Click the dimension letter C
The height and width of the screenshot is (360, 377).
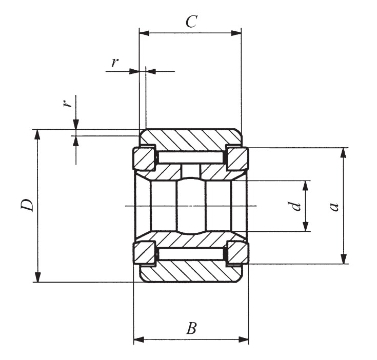click(191, 22)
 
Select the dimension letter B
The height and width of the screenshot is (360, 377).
click(191, 328)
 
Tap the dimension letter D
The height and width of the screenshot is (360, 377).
click(28, 205)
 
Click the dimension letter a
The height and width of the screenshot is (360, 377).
click(334, 206)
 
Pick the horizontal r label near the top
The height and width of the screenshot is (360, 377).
click(115, 63)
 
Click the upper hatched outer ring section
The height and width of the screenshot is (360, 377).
click(191, 139)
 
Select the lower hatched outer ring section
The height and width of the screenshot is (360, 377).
click(191, 272)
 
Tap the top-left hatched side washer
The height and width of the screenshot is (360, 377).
click(145, 159)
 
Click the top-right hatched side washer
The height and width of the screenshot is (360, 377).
click(237, 159)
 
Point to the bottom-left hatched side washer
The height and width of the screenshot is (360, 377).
click(145, 253)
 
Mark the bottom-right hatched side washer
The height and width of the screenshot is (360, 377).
click(237, 253)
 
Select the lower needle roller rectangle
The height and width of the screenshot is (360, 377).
click(191, 254)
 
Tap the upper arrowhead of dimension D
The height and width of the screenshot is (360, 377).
click(37, 134)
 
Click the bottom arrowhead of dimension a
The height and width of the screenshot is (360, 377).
click(343, 259)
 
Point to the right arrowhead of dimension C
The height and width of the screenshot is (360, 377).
click(236, 33)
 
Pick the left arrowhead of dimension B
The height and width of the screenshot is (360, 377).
click(138, 339)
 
